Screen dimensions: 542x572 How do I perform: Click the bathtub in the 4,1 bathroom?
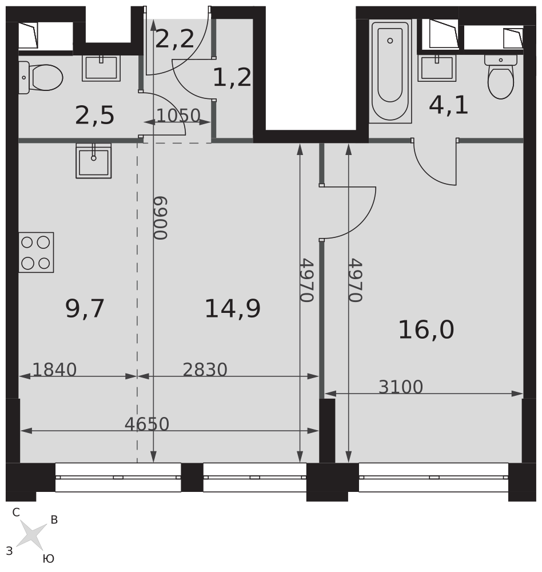390,71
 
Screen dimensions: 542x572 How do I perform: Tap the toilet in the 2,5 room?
41,78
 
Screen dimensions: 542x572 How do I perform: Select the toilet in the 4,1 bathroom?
500,77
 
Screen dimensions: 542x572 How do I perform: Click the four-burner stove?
36,252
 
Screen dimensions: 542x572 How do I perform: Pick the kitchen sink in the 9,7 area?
94,161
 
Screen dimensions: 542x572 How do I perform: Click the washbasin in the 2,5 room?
101,68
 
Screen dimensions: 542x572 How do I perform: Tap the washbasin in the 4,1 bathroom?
437,68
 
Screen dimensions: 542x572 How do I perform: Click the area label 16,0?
426,330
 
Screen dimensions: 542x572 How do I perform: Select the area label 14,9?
233,309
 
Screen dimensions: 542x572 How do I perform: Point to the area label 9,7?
85,309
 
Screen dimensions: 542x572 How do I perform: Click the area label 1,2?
232,77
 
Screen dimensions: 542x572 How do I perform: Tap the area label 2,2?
175,39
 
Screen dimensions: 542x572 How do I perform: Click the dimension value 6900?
160,218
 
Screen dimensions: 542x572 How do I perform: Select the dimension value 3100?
401,387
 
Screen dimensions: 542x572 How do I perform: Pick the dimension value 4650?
147,424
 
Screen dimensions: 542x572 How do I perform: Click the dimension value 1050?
178,116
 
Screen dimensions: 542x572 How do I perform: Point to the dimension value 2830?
205,370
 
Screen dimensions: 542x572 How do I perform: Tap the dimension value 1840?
55,370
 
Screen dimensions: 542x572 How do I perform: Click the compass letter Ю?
49,558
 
